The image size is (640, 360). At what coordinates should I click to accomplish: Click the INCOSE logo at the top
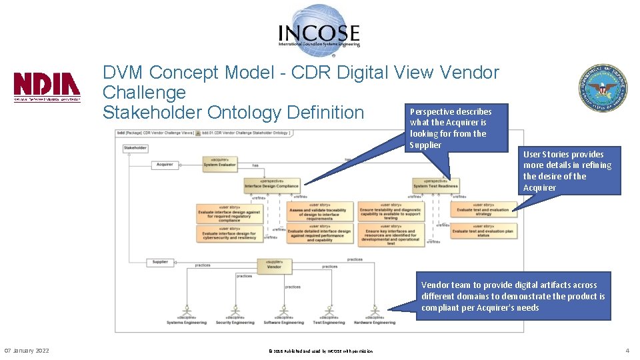click(319, 28)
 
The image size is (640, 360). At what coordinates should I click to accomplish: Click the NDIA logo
click(47, 87)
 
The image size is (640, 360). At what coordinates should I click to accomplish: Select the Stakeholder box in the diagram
click(135, 148)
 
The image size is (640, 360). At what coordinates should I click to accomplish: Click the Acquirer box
click(164, 165)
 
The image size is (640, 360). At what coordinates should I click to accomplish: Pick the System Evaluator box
click(219, 164)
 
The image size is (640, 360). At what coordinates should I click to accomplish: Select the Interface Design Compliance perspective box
click(271, 184)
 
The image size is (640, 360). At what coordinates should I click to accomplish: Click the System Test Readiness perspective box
click(435, 184)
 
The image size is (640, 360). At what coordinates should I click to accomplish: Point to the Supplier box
click(160, 262)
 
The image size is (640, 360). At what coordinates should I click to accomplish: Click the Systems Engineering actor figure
click(187, 311)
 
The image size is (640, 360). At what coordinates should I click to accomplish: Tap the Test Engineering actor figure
click(327, 311)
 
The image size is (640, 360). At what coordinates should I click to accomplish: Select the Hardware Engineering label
click(374, 323)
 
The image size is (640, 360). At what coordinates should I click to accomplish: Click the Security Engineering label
click(235, 323)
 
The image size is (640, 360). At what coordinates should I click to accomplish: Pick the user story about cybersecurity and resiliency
click(227, 233)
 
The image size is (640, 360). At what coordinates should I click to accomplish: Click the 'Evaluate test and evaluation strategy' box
click(483, 210)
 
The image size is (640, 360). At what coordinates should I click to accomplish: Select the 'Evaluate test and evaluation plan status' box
click(483, 232)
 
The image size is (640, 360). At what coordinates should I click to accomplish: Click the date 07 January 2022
click(27, 351)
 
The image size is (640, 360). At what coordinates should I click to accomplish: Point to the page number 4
click(627, 351)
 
